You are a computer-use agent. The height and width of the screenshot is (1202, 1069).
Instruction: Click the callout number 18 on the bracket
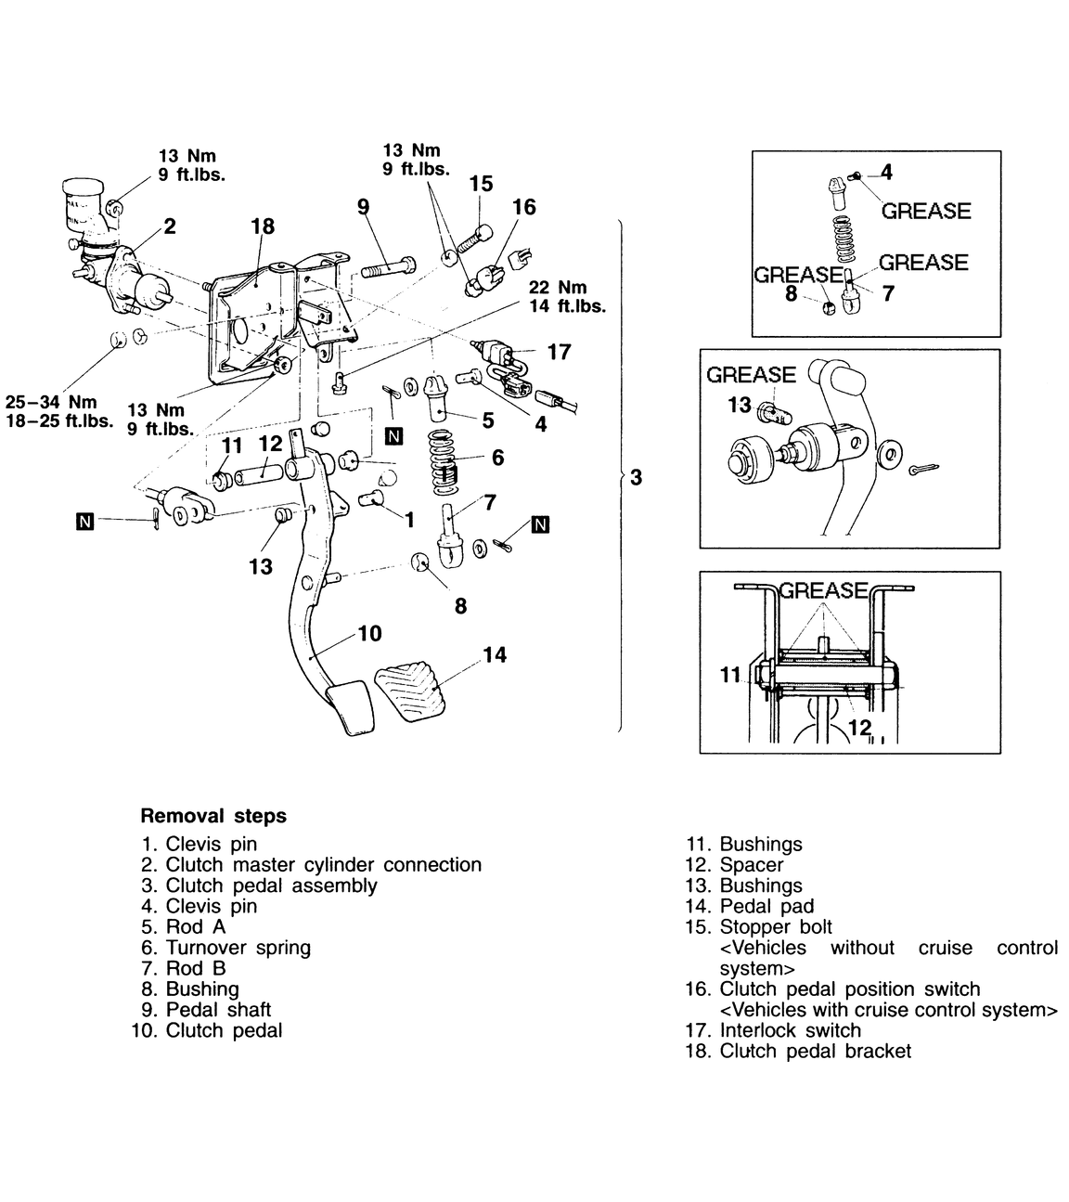coord(263,226)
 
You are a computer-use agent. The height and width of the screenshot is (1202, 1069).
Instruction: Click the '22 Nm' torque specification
coord(558,288)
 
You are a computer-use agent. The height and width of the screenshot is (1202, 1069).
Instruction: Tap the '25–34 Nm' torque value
coord(51,403)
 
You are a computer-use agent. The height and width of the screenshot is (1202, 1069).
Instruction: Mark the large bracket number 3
coord(635,478)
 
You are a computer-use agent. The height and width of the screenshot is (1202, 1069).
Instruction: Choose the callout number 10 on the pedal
coord(369,634)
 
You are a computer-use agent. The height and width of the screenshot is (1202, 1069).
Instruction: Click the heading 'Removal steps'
coord(213,817)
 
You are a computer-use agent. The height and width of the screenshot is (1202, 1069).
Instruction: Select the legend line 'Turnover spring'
coord(238,948)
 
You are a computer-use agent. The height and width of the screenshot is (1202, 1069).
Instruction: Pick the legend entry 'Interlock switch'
coord(790,1030)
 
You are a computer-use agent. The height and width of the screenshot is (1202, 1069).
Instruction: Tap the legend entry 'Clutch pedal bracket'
coord(815,1051)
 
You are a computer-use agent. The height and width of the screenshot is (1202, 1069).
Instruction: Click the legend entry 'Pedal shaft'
coord(218,1010)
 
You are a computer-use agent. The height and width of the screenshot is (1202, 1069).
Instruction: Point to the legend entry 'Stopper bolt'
coord(776,927)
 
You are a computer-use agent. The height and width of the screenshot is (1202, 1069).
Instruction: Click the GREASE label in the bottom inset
coord(823,590)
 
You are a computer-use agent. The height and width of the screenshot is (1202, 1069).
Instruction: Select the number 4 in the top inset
coord(886,172)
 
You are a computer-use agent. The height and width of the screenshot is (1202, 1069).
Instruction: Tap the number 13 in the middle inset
coord(740,405)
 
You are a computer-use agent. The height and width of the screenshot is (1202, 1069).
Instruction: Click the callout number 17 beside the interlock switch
coord(559,352)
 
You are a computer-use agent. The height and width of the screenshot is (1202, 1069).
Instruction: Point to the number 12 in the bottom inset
coord(859,728)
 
